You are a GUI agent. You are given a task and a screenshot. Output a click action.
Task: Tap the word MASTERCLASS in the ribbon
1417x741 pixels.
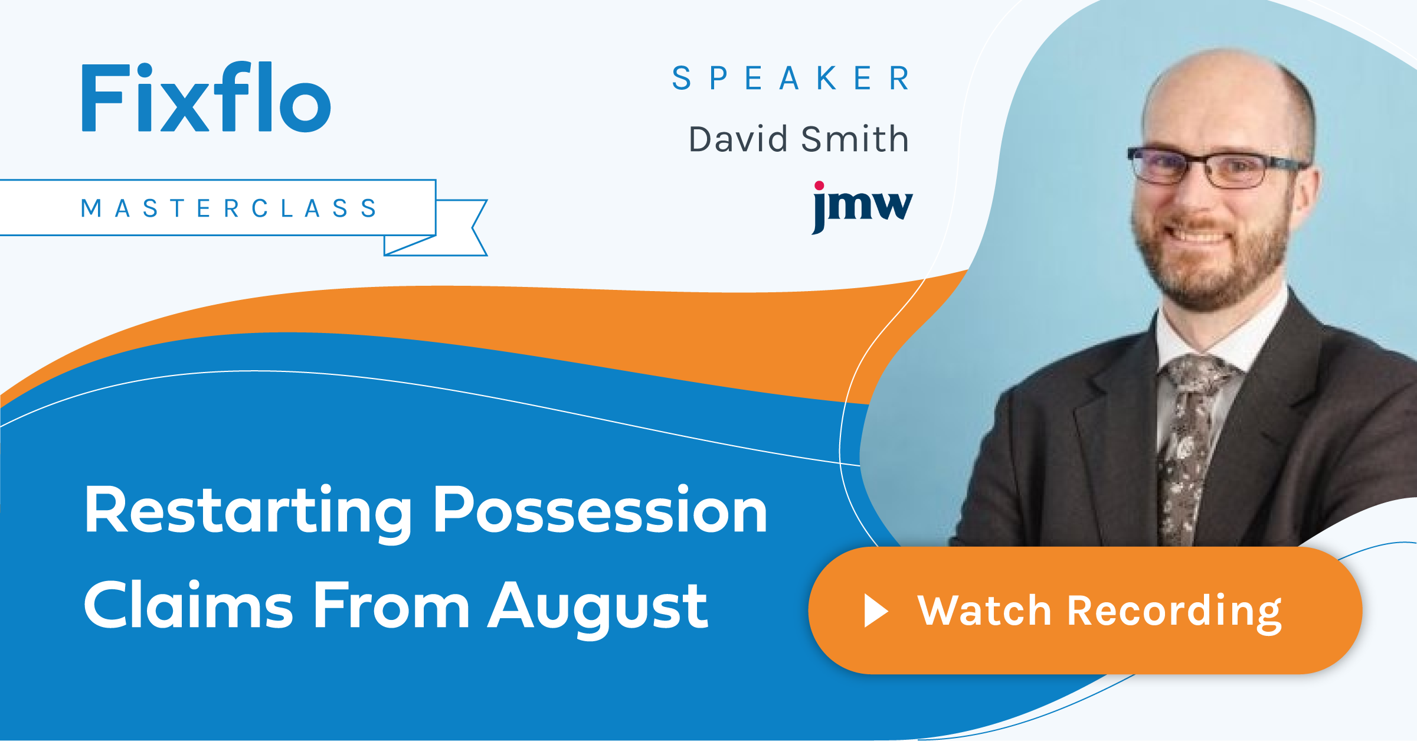[229, 208]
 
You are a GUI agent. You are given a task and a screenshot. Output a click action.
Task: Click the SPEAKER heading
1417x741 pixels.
[791, 78]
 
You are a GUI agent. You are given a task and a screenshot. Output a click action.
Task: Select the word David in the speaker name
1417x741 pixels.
[738, 139]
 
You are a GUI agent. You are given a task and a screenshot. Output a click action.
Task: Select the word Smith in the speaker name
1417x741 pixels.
[855, 139]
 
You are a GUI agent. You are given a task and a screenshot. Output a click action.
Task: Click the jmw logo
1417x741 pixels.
[862, 207]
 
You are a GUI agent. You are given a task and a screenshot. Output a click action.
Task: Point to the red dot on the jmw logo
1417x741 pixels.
[819, 186]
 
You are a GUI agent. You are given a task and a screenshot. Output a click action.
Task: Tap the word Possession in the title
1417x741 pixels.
[600, 510]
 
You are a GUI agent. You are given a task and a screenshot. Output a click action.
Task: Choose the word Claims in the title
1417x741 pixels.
[188, 605]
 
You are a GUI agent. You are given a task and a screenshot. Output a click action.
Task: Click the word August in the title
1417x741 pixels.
[598, 609]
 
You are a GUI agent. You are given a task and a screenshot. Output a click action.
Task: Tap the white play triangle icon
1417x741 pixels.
[876, 611]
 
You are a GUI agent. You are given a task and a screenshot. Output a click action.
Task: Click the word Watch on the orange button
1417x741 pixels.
[984, 611]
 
